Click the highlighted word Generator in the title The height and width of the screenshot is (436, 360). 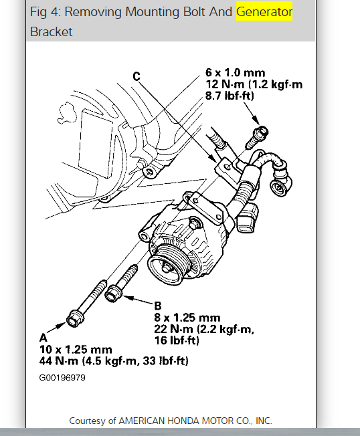264,12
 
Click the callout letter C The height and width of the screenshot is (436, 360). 137,76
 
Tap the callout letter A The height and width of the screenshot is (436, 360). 43,338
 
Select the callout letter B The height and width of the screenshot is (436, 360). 158,306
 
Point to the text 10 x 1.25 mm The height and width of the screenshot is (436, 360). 76,350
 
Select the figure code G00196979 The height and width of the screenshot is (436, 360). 62,378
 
